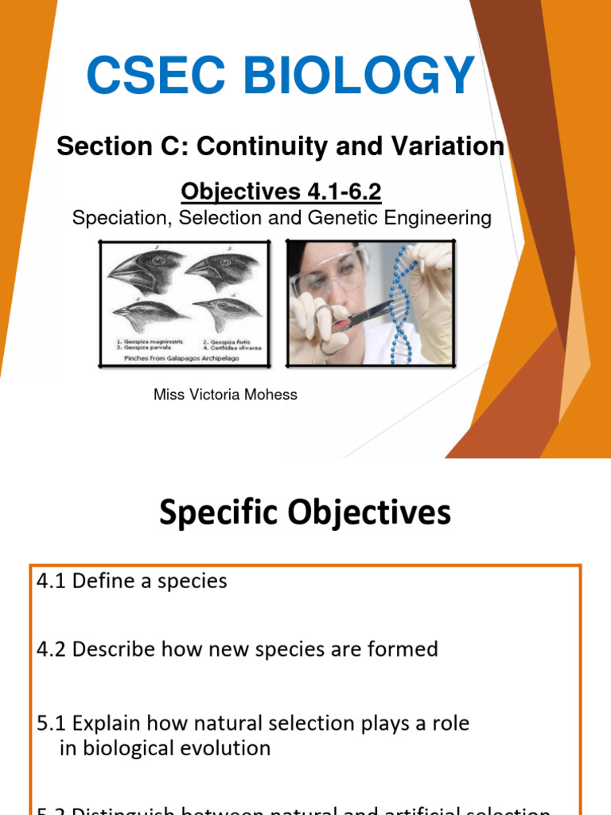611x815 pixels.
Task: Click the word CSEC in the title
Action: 150,76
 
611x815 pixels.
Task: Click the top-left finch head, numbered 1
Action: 144,271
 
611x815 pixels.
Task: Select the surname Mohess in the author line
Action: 270,394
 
